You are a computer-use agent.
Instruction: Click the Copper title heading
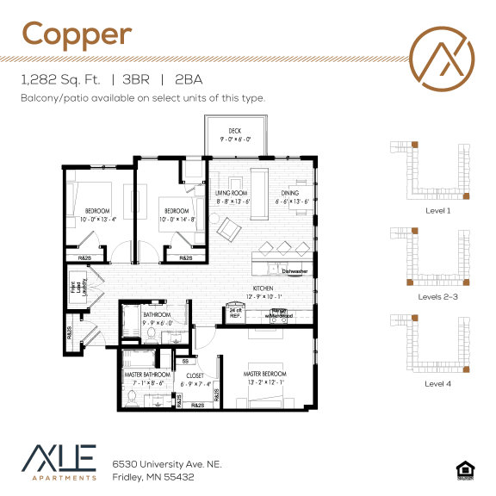click(x=77, y=34)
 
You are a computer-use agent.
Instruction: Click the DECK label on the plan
click(x=234, y=131)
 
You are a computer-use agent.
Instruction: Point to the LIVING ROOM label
click(x=232, y=193)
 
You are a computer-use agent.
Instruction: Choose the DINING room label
click(x=290, y=193)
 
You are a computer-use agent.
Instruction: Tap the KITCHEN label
click(x=263, y=288)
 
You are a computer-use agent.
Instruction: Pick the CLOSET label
click(x=195, y=375)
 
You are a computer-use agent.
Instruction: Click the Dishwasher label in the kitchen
click(x=294, y=271)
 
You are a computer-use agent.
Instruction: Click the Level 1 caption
click(x=437, y=210)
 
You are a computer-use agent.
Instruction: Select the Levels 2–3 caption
click(x=437, y=296)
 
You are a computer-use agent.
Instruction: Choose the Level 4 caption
click(x=437, y=382)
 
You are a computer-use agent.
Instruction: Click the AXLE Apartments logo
click(x=59, y=462)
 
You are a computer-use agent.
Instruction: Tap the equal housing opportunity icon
click(x=464, y=469)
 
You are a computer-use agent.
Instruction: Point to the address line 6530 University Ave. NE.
click(x=167, y=463)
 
